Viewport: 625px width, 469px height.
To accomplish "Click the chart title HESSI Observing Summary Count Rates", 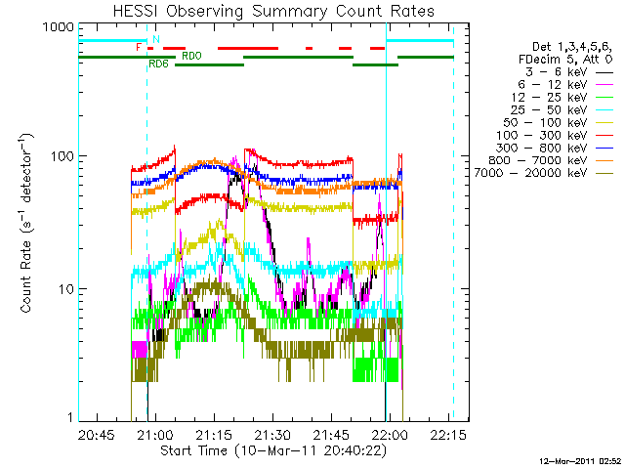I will (x=266, y=12).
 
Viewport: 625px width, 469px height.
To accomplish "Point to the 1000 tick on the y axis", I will (x=58, y=27).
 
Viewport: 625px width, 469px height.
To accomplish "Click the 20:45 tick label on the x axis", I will (x=98, y=434).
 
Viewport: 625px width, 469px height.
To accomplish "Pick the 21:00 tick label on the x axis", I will (x=156, y=434).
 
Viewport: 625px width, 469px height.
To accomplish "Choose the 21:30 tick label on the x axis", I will (x=272, y=434).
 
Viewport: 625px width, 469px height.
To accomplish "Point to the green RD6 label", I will (x=157, y=64).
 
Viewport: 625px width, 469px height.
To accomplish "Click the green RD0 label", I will (x=191, y=56).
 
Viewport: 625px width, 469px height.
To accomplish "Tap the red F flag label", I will (x=139, y=45).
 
